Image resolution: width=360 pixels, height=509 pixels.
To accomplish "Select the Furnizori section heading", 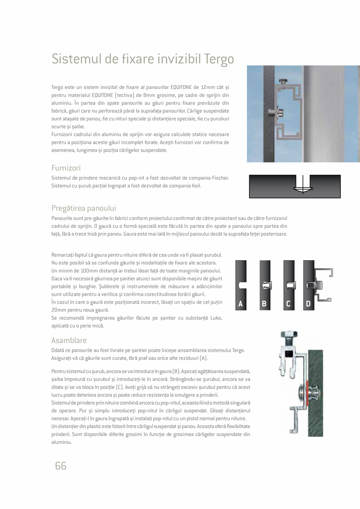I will coord(66,168).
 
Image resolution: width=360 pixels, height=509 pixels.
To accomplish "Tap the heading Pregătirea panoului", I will coord(84,208).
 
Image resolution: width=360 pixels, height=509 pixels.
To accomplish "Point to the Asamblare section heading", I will coord(69,340).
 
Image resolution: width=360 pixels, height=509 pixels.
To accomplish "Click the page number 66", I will coord(61,466).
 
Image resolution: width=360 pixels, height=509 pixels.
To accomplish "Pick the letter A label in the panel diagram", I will coord(241,304).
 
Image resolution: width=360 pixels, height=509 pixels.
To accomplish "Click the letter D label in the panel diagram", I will coord(308,304).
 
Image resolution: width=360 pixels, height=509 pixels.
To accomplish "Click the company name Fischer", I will coord(220,178).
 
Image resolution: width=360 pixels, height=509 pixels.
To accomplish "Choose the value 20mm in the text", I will coord(58,310).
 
